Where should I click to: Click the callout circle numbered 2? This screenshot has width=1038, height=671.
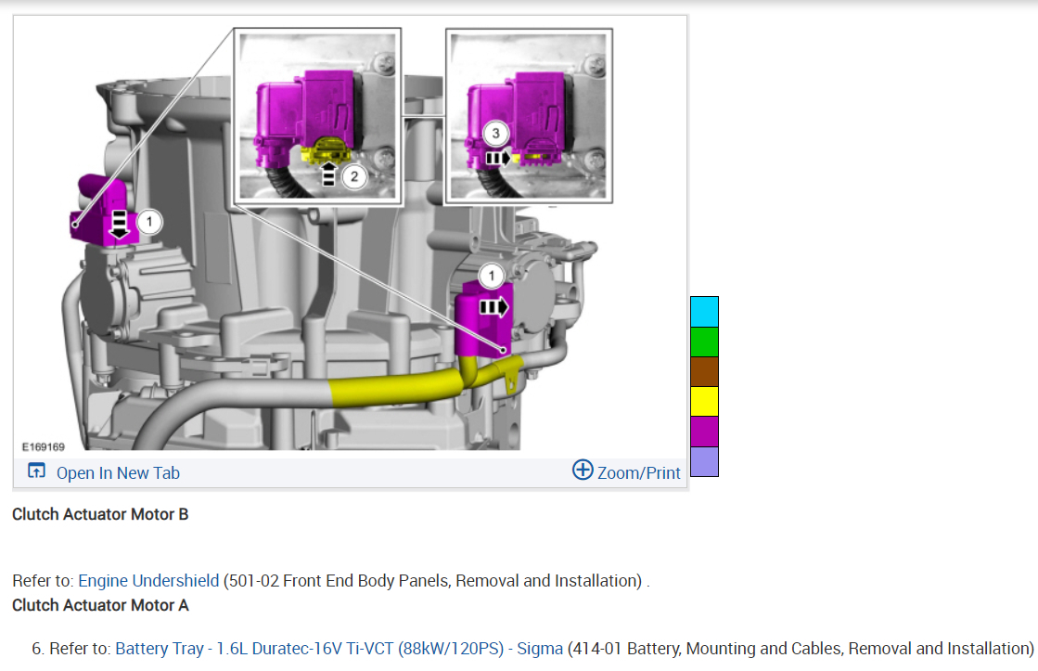point(354,177)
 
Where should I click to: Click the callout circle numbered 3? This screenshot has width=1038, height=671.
point(496,134)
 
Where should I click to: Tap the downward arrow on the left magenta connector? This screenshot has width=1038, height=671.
point(119,225)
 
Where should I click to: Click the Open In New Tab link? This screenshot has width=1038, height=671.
point(118,473)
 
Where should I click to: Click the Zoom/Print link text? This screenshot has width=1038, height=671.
point(638,473)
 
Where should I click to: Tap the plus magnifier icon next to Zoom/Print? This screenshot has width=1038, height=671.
point(583,470)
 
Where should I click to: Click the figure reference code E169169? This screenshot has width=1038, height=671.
point(43,447)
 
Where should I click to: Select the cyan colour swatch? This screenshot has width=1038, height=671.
point(704,311)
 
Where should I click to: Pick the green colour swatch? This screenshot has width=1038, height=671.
point(704,342)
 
